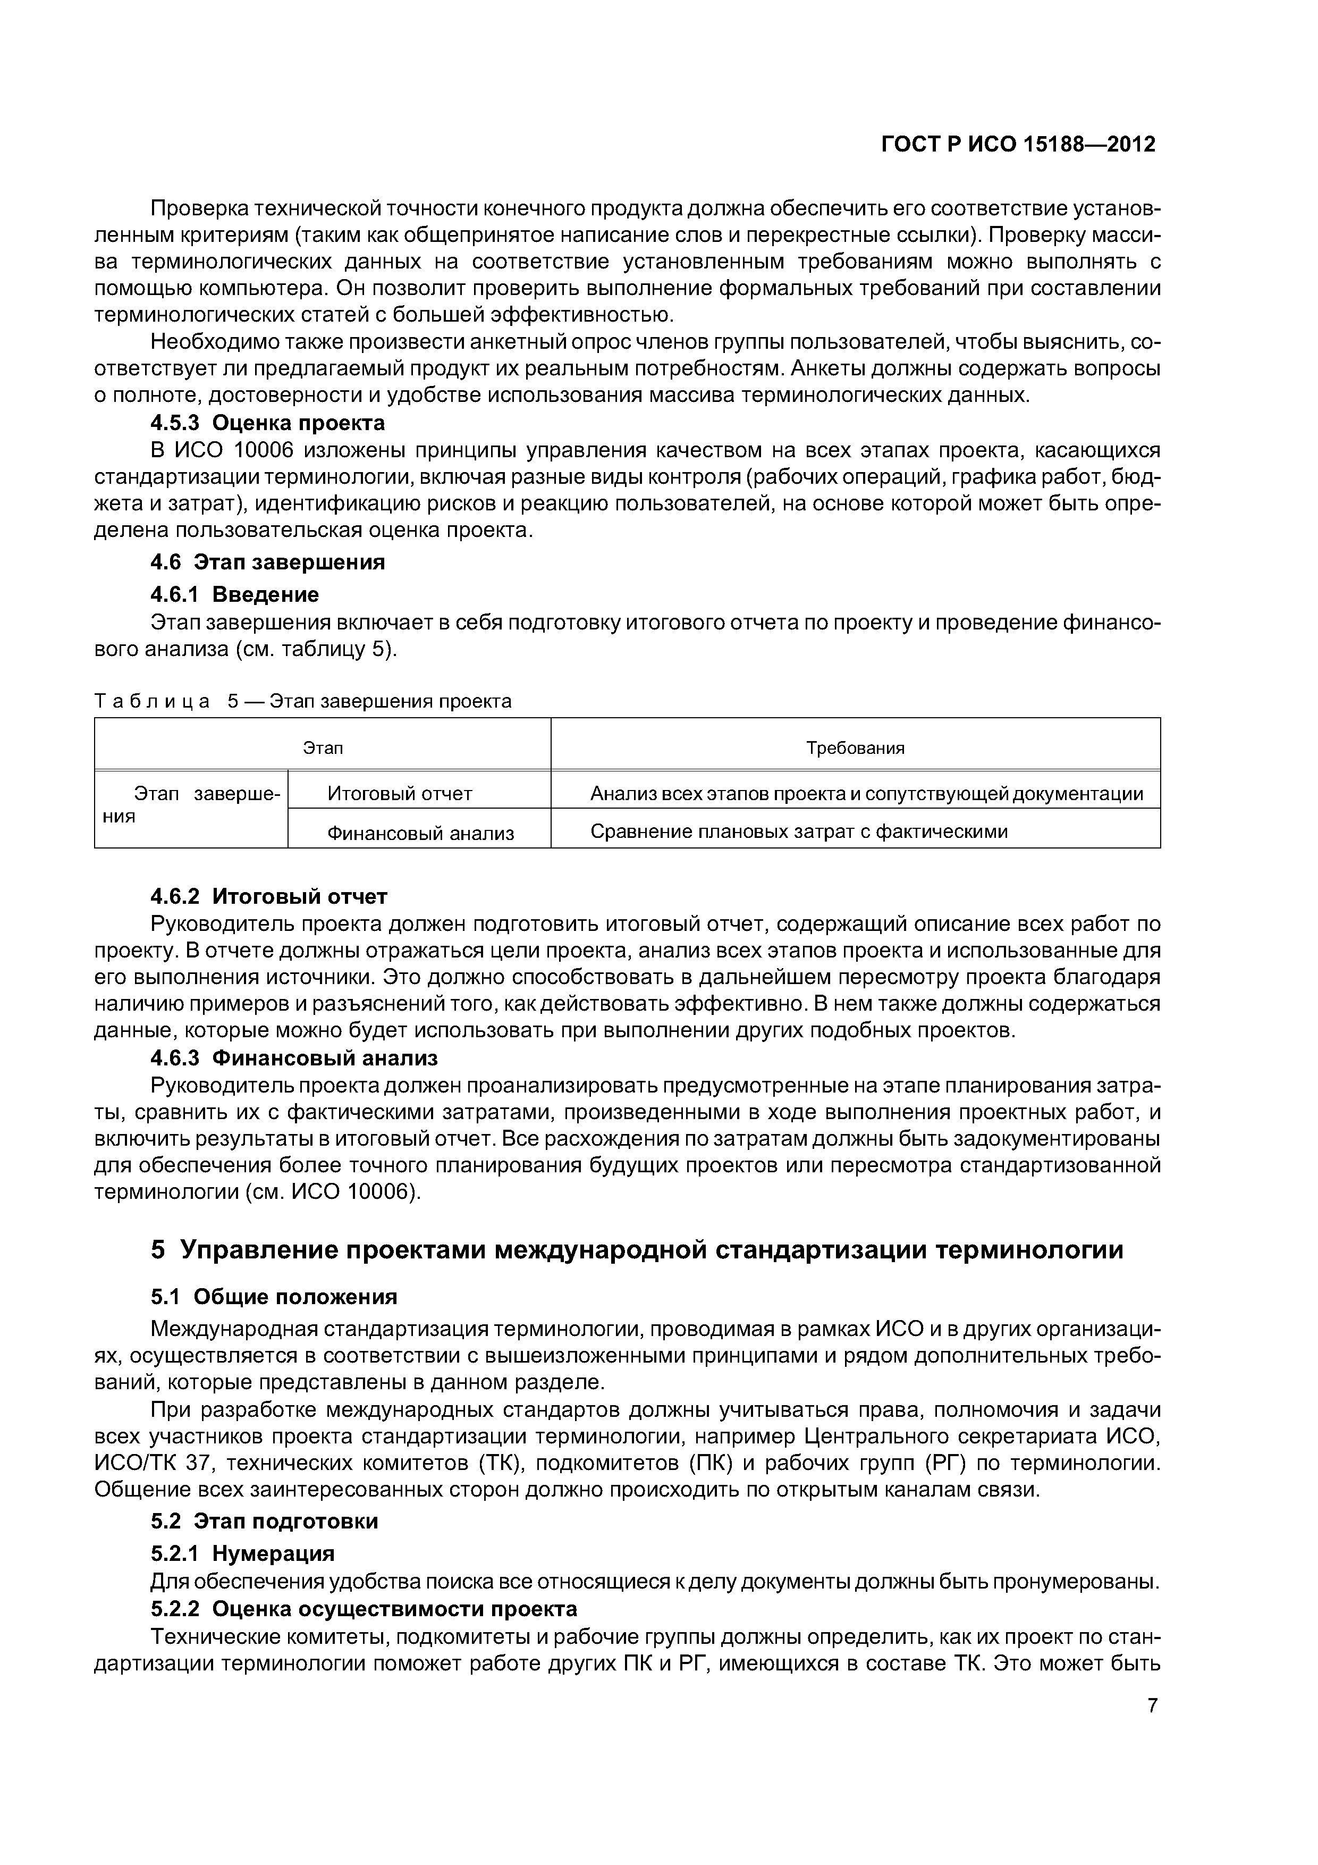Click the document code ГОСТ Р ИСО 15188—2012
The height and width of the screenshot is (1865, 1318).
tap(1018, 145)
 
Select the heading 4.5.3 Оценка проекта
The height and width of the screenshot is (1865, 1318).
tap(267, 423)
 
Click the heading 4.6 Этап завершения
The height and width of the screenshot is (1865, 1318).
tap(267, 562)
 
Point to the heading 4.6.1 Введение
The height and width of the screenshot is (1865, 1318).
tap(235, 594)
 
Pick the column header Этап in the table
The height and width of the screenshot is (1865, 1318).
tap(323, 748)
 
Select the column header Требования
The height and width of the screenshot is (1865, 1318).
tap(855, 748)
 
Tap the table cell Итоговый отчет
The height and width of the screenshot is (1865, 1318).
tap(400, 794)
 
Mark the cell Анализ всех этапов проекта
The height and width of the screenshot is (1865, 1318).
tap(866, 794)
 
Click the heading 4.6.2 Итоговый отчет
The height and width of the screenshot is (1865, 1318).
tap(269, 896)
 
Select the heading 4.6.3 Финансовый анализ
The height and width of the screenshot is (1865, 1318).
tap(294, 1058)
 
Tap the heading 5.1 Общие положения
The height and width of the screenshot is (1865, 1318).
tap(274, 1296)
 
